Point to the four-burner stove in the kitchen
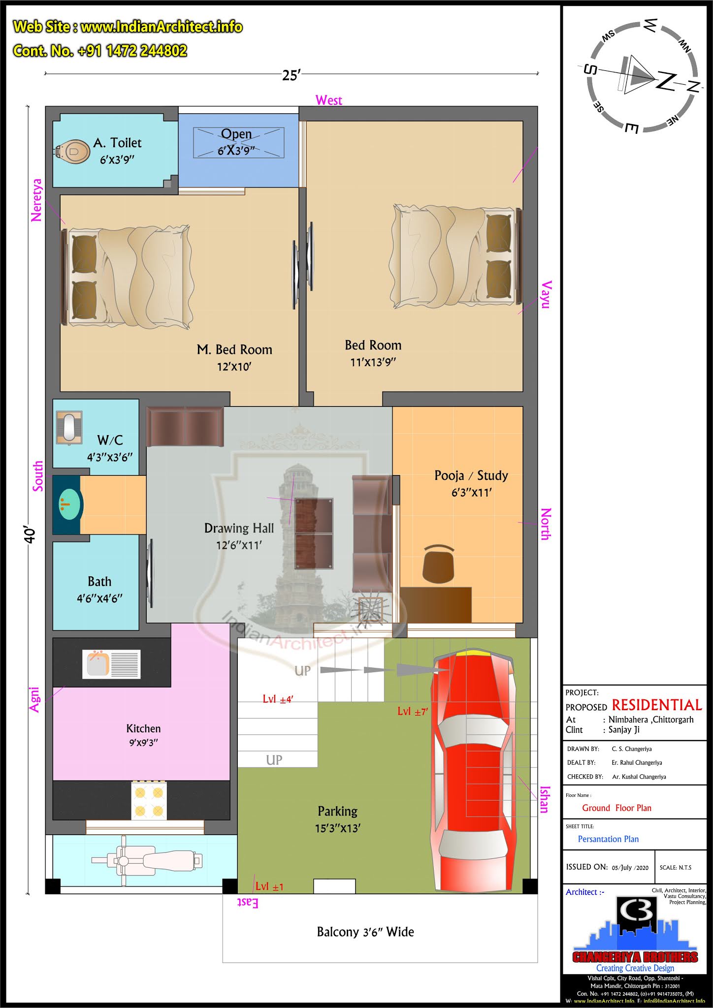(149, 801)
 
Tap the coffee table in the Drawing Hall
(314, 534)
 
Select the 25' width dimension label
(291, 75)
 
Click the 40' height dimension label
(30, 535)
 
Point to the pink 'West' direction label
(329, 100)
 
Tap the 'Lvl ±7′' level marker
(413, 711)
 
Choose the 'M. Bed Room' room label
(234, 349)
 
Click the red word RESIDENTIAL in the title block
(657, 705)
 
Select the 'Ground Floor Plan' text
(616, 808)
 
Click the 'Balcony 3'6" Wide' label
(365, 932)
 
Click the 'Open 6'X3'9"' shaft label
(236, 142)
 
